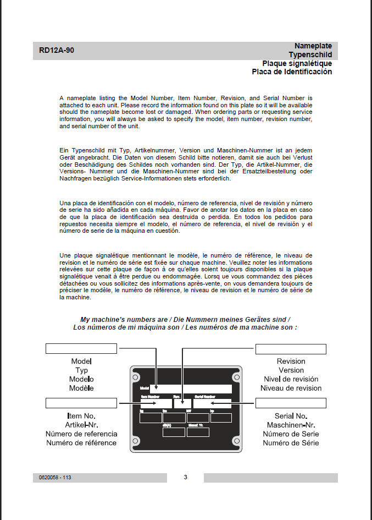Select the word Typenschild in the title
310,54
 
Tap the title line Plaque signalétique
297,63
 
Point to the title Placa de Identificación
292,72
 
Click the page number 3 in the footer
186,477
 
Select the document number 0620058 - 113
55,478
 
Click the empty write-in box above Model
81,348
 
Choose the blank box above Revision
291,349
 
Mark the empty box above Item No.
81,403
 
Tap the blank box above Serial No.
291,403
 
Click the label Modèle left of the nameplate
81,388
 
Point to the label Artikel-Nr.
81,425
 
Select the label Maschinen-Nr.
291,425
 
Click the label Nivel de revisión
291,379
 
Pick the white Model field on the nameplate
191,388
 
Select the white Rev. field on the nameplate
182,403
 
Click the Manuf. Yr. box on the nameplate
197,432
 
